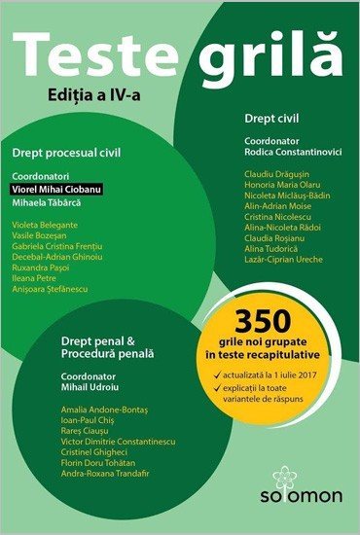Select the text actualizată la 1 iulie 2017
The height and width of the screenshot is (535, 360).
point(275,372)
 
